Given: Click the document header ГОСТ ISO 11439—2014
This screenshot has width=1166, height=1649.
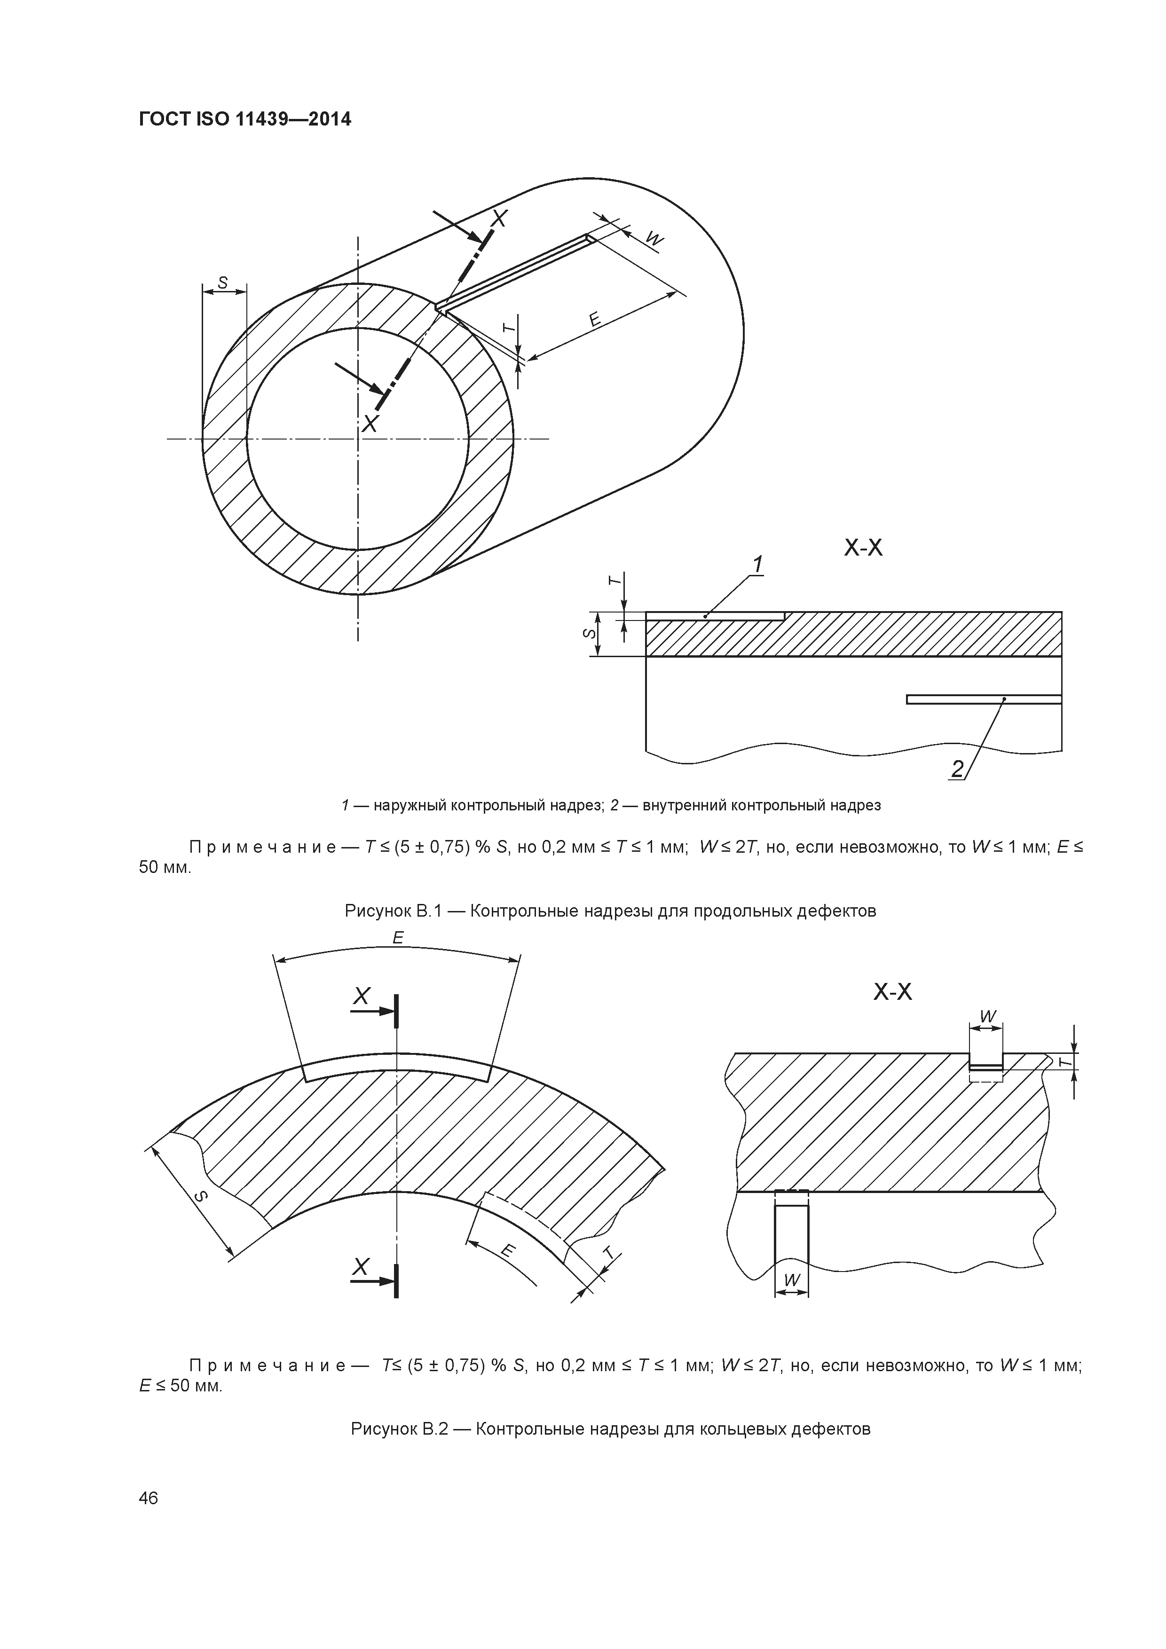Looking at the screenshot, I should coord(245,119).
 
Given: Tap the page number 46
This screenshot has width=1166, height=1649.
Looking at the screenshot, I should coord(148,1498).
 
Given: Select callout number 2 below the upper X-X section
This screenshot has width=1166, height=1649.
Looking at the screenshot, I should coord(957,769).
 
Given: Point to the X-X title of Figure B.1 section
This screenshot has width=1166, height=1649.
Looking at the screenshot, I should coord(863,549).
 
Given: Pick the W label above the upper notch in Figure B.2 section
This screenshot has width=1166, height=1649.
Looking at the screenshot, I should coord(988,1016).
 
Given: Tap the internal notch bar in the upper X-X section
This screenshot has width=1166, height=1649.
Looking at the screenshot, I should coord(984,699).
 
